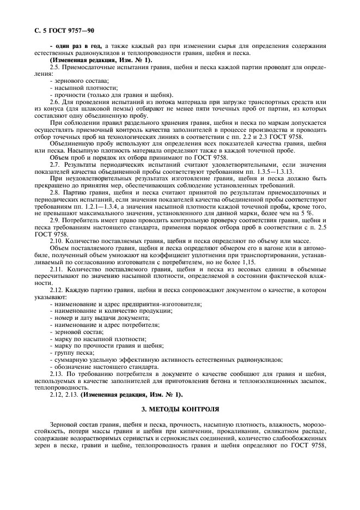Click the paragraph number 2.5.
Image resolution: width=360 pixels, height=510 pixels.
54,66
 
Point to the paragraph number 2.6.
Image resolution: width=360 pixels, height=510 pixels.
54,101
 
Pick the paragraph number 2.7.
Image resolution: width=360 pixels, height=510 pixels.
54,165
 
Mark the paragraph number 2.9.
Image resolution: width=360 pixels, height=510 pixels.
54,221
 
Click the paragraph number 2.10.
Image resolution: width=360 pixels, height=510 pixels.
56,241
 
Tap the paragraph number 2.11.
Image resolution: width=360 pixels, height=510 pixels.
56,270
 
